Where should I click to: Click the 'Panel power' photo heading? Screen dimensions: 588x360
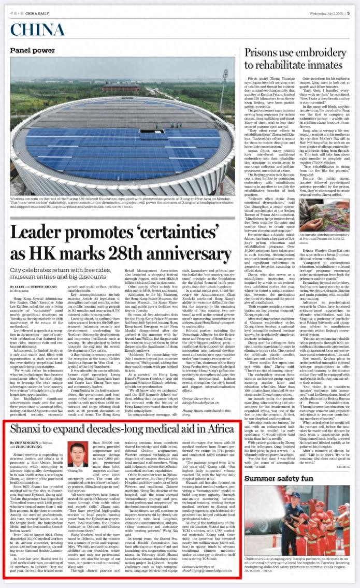pyautogui.click(x=32, y=51)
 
